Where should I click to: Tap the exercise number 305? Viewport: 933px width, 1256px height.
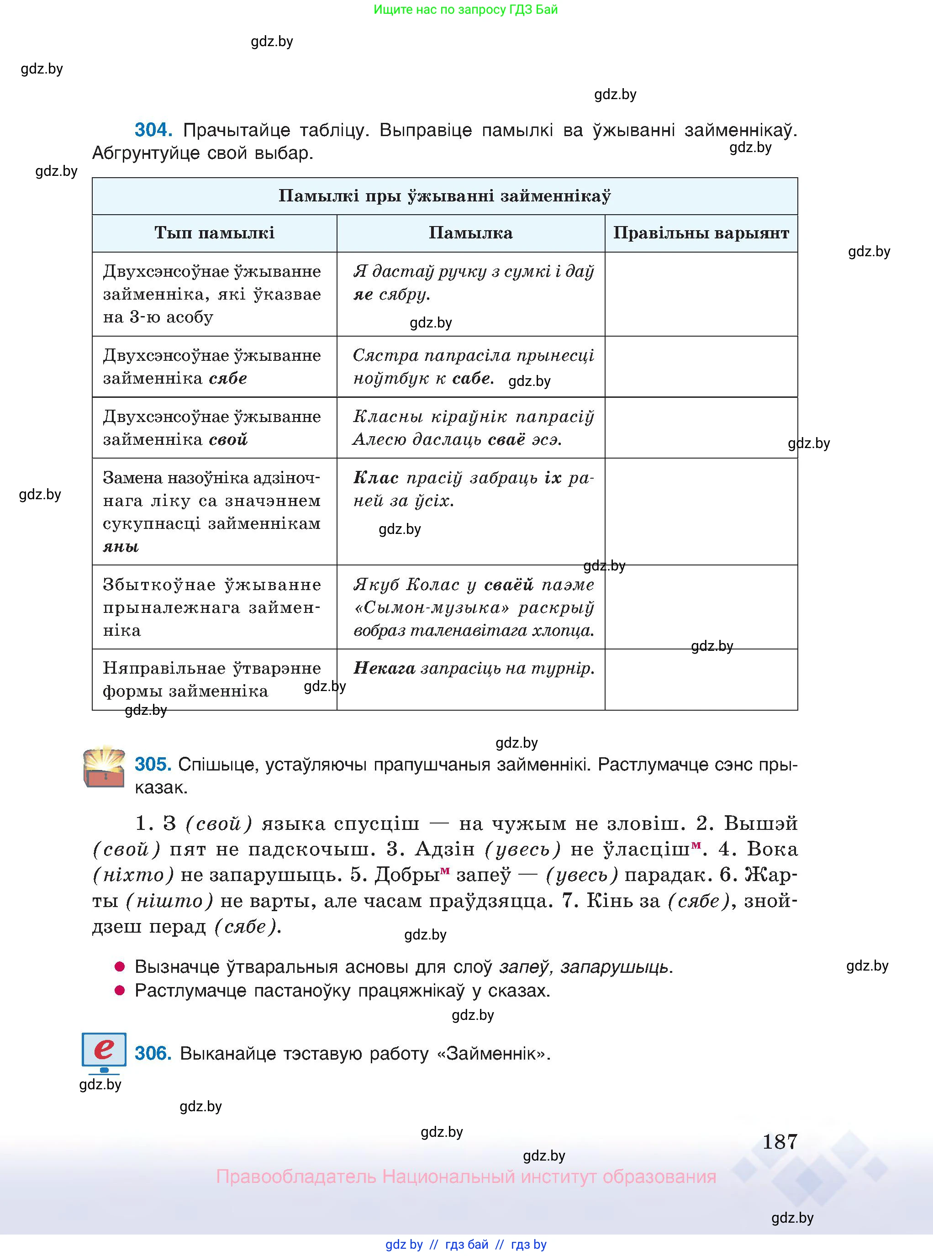coord(153,765)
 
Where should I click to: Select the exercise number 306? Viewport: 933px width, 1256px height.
coord(153,1054)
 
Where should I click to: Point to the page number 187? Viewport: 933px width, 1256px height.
coord(780,1142)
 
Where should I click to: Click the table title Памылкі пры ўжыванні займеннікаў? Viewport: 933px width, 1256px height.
coord(444,196)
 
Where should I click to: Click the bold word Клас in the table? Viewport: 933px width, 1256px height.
coord(375,478)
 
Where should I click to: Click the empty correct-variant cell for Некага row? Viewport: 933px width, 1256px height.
coord(701,680)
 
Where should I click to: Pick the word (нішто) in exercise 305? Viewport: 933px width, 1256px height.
coord(169,901)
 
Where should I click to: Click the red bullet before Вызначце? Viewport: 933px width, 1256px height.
coord(120,967)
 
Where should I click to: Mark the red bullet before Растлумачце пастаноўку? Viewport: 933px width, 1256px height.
coord(120,991)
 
